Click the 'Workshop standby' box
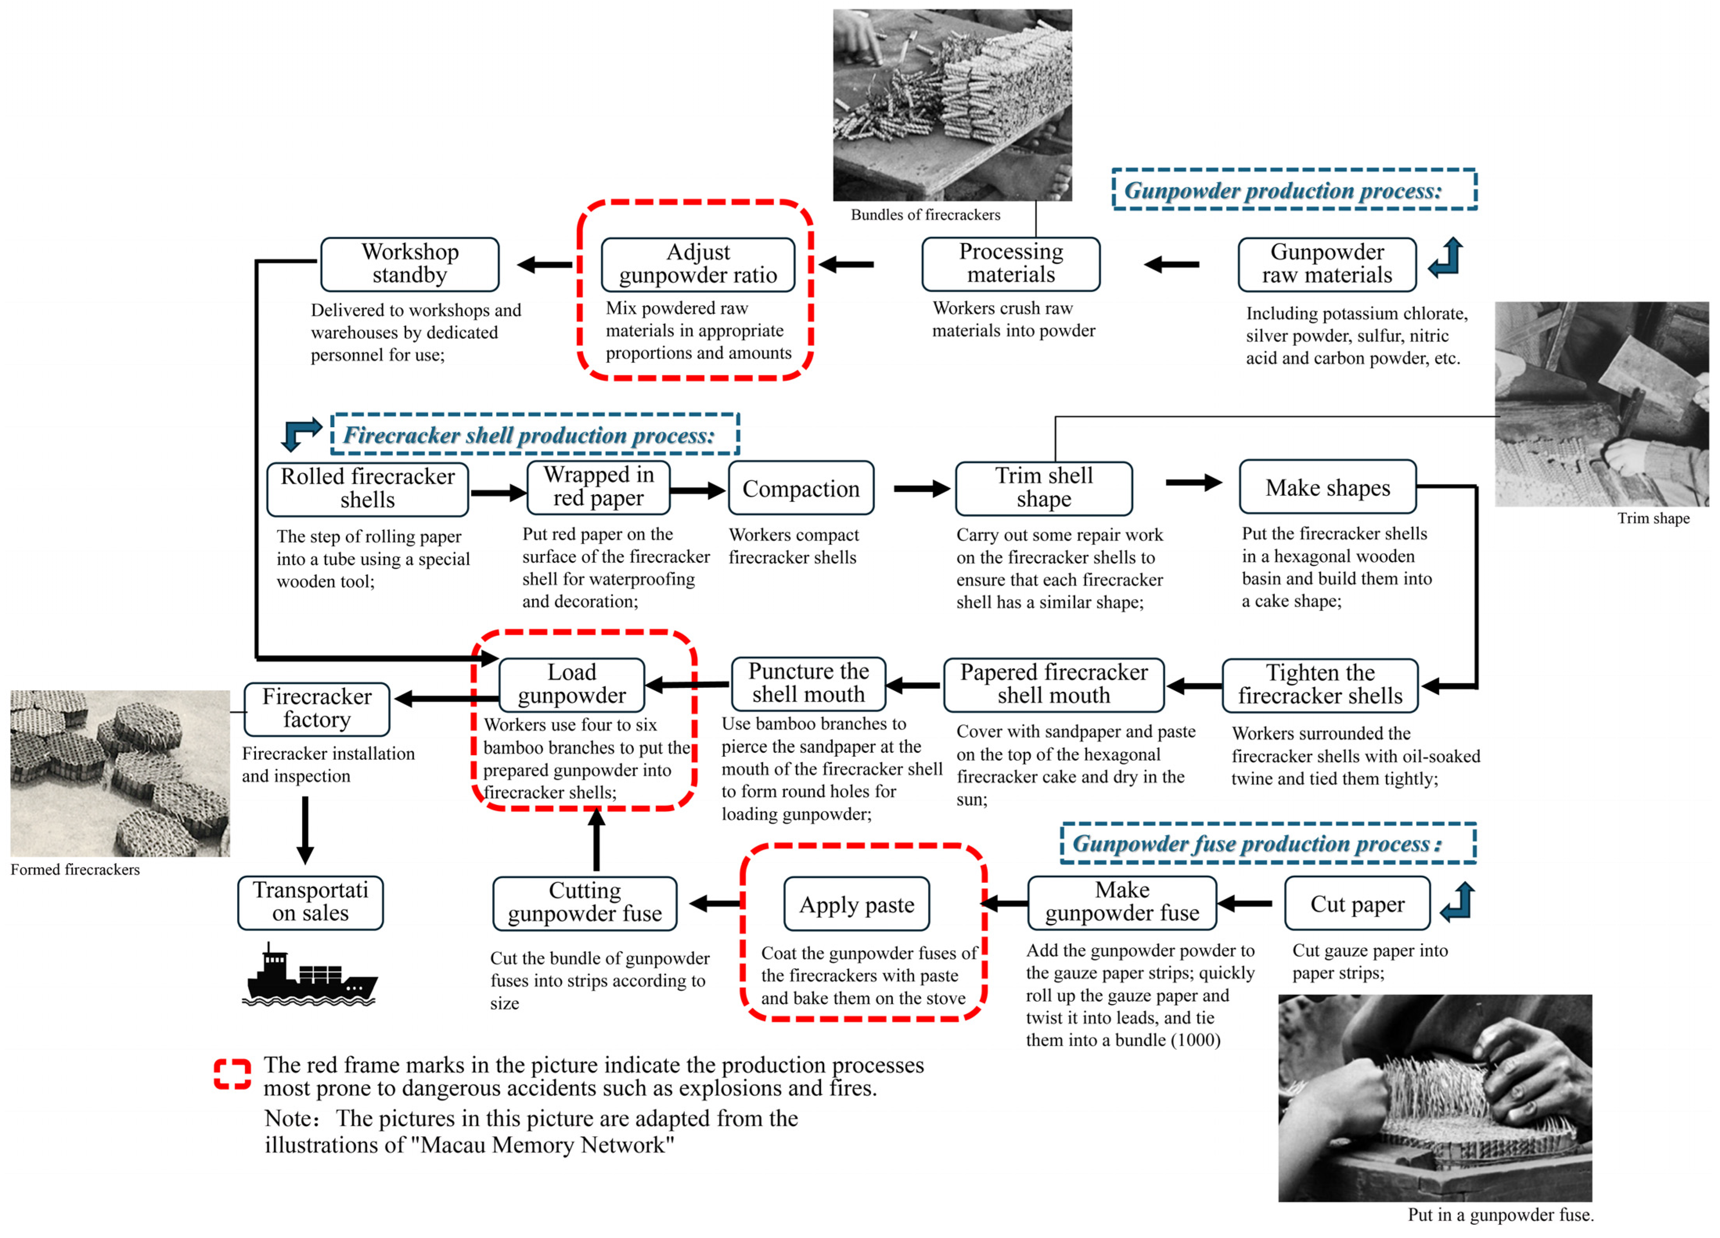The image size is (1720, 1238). pyautogui.click(x=409, y=264)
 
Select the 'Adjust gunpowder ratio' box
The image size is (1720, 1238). pyautogui.click(x=698, y=264)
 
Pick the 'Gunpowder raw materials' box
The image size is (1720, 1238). pyautogui.click(x=1326, y=264)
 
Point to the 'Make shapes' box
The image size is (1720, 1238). pyautogui.click(x=1327, y=487)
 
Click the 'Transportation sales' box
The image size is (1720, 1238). pyautogui.click(x=310, y=902)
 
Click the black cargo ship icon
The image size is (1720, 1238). pyautogui.click(x=310, y=977)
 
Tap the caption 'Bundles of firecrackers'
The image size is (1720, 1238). pyautogui.click(x=925, y=214)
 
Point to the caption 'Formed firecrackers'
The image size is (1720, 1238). pyautogui.click(x=75, y=869)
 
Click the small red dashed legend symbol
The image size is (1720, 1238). pyautogui.click(x=232, y=1074)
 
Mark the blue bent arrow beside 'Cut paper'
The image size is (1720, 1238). pyautogui.click(x=1458, y=902)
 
